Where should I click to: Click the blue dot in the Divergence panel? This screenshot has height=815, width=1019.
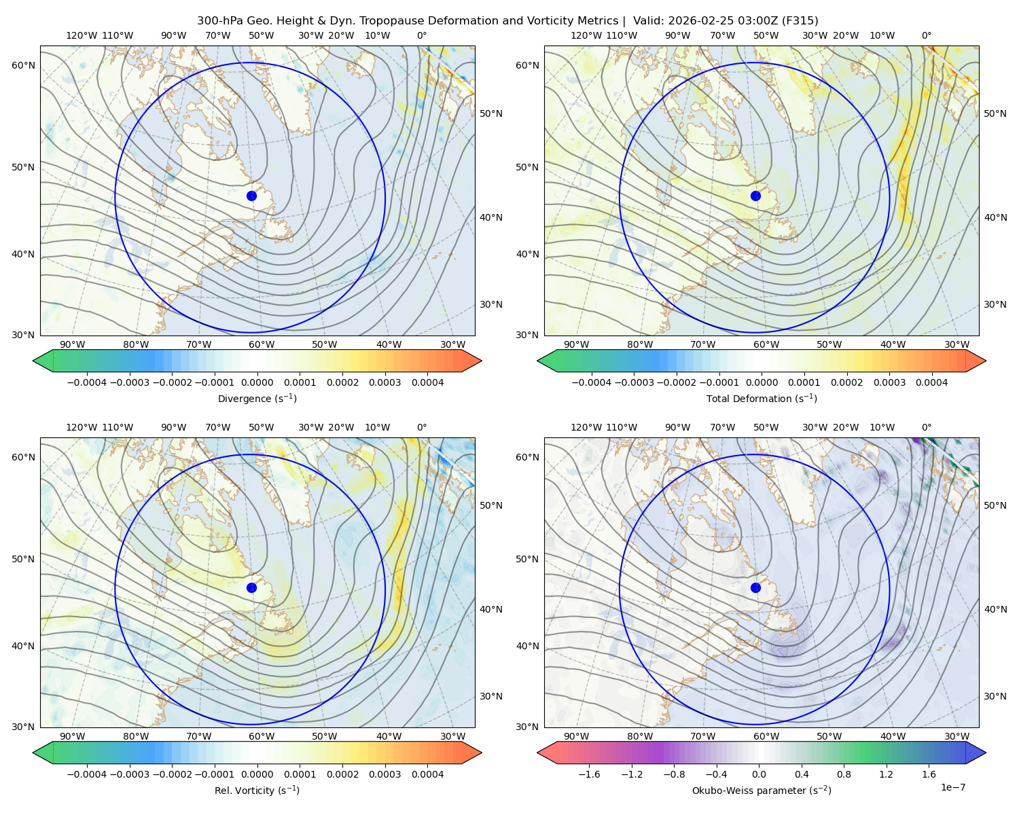click(x=251, y=196)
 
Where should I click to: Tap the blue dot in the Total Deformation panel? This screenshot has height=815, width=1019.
click(x=755, y=196)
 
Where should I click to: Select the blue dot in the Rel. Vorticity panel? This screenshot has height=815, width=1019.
click(x=251, y=587)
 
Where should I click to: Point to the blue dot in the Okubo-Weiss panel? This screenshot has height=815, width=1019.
click(x=755, y=587)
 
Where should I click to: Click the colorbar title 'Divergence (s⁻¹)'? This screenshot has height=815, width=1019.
click(x=257, y=398)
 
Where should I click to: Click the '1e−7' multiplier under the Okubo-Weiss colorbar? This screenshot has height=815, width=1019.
click(x=952, y=787)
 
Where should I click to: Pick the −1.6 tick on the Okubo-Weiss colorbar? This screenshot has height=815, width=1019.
click(x=589, y=774)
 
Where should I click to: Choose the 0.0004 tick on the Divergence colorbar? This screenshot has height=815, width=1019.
click(x=427, y=382)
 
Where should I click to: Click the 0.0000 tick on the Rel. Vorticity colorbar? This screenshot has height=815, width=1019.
click(x=257, y=774)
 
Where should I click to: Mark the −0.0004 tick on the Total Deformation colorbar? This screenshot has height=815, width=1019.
click(x=592, y=382)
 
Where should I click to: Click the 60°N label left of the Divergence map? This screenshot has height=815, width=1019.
click(x=23, y=65)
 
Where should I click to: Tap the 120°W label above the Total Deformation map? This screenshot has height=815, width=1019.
click(x=586, y=35)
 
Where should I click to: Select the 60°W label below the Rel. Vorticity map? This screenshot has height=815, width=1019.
click(x=262, y=736)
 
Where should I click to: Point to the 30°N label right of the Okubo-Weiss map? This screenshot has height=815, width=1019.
click(x=995, y=695)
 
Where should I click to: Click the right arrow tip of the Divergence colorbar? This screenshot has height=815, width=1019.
click(x=481, y=361)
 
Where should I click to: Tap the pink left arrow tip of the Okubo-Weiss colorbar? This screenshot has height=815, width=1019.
click(x=538, y=753)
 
